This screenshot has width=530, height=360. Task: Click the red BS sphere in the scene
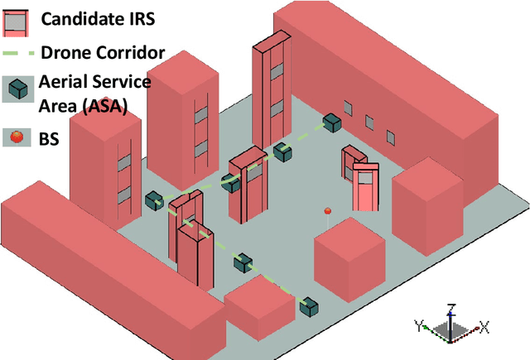[327, 211]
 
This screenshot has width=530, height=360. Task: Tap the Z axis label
[449, 307]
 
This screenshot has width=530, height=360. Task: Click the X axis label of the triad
[485, 328]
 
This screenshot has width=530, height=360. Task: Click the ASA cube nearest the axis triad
[309, 307]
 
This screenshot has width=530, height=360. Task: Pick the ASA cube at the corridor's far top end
[332, 122]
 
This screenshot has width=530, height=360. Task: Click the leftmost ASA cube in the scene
[154, 201]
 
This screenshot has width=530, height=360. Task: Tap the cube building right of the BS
[424, 207]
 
